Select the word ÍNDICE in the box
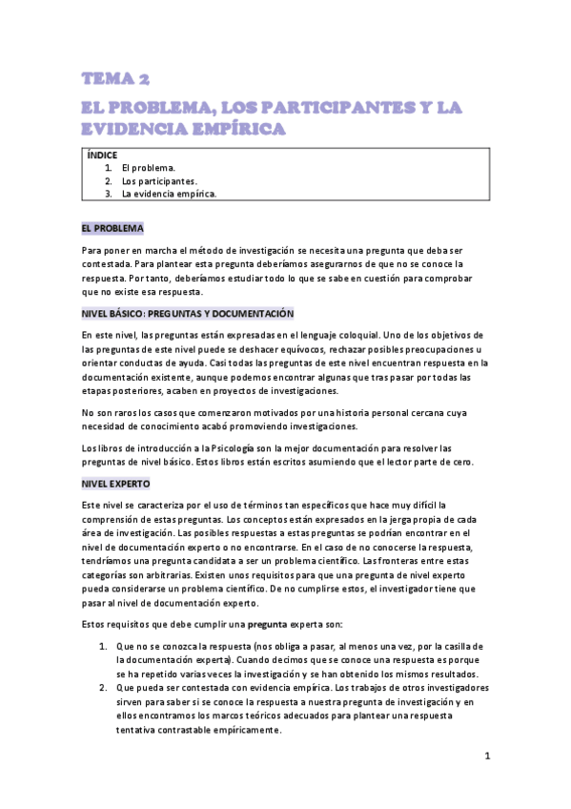[x=102, y=156]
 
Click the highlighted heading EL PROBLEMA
[x=112, y=229]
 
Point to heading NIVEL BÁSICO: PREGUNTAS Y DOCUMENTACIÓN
[x=188, y=313]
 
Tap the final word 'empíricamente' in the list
[x=250, y=730]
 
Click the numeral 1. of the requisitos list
[x=104, y=647]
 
